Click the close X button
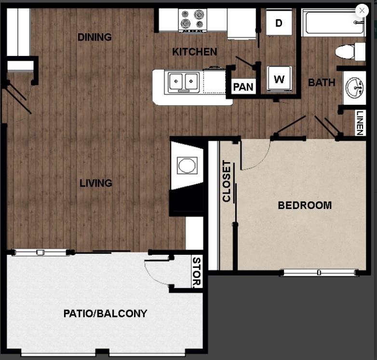click(x=362, y=11)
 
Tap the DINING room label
click(x=94, y=37)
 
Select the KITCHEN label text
click(x=195, y=52)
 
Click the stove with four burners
click(x=192, y=20)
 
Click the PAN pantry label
click(x=243, y=87)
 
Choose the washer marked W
click(x=279, y=79)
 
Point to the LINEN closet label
click(x=360, y=123)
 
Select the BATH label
click(x=322, y=83)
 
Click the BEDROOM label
click(x=305, y=205)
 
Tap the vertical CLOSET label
click(x=227, y=181)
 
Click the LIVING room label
click(x=96, y=183)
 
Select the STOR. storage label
click(x=197, y=273)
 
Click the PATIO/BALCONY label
click(x=105, y=314)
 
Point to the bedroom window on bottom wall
click(x=319, y=273)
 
